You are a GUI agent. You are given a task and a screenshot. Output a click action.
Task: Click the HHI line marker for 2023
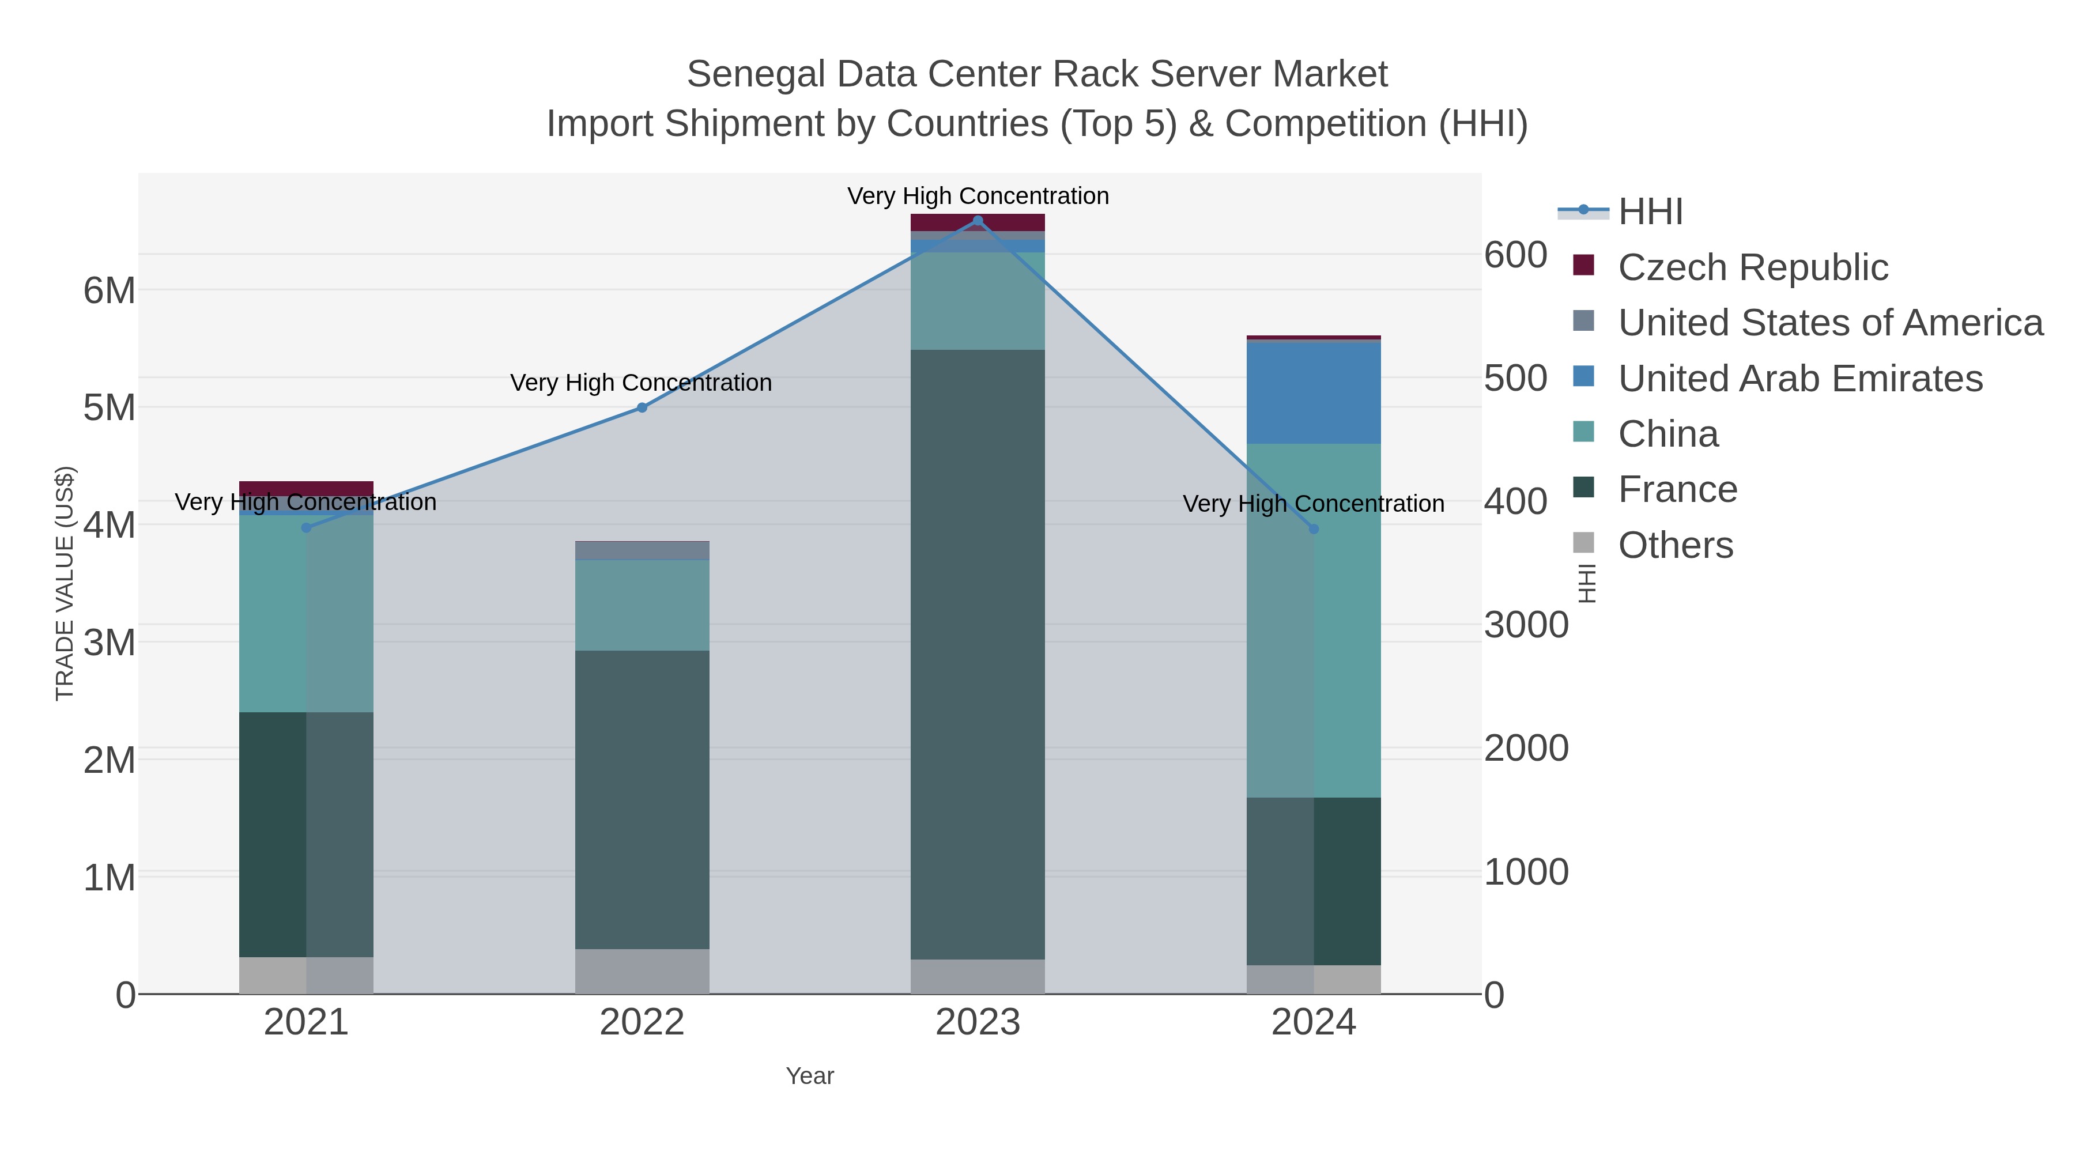978,221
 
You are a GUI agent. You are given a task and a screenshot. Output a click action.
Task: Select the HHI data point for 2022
642,407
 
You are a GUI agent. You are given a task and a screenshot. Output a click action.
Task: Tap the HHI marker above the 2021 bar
306,527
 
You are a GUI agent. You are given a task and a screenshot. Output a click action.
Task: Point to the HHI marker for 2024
1314,529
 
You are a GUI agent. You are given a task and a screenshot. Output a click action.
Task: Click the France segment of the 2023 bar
978,654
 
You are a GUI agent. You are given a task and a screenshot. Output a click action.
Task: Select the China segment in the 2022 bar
642,605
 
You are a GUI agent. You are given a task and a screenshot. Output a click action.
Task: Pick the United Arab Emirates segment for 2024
1314,393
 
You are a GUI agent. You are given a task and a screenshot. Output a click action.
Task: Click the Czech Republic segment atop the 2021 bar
306,489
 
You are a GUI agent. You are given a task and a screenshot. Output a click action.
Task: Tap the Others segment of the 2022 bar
642,971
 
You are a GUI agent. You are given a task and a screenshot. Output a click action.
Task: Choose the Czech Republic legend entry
1753,267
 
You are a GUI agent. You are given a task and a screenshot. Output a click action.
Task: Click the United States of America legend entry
1830,323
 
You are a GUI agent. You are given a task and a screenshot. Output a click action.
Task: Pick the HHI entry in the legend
1650,212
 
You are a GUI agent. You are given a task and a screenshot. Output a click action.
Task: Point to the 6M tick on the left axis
110,291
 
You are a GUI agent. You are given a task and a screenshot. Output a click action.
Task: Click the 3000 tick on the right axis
1526,625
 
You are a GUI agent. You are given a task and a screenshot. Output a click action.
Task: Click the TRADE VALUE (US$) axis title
65,583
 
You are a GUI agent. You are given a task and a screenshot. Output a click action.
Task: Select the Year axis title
810,1076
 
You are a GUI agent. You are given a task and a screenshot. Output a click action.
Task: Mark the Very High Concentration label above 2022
641,383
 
